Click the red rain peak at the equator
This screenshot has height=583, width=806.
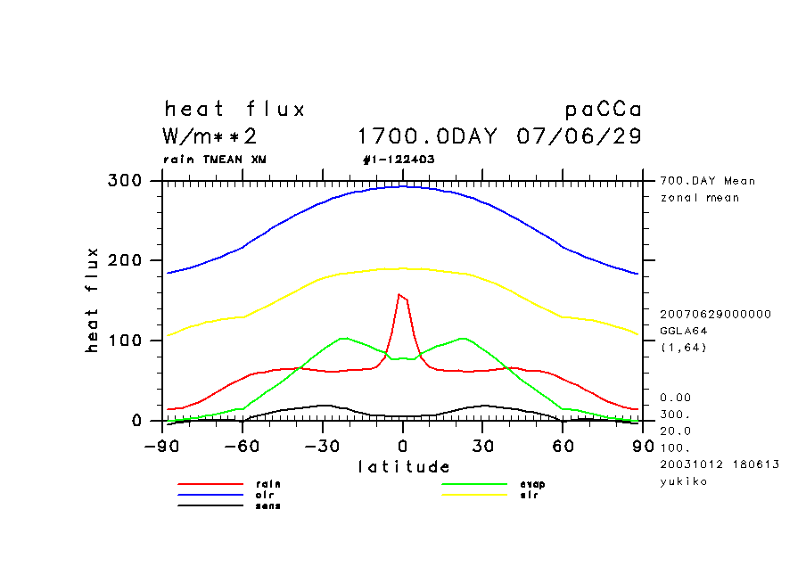399,295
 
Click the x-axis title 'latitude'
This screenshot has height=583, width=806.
403,466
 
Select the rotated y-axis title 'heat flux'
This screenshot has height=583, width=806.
93,300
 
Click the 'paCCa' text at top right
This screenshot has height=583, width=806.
604,111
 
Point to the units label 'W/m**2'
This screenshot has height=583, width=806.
210,137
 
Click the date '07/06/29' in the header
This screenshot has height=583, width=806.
579,137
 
